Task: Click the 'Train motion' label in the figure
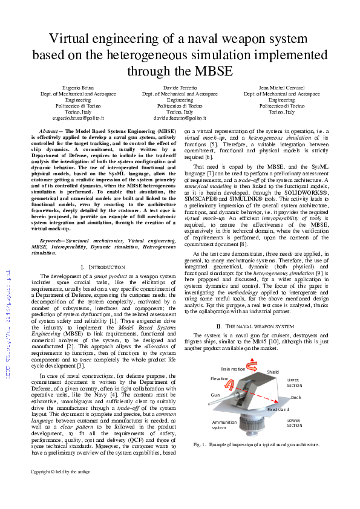click(233, 369)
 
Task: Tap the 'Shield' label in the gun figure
click(273, 372)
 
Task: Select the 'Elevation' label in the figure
click(220, 378)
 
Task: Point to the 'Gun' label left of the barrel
click(215, 394)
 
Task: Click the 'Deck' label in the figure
click(296, 397)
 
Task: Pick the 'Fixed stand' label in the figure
click(278, 409)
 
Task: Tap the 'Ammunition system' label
click(224, 425)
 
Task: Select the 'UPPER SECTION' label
click(295, 383)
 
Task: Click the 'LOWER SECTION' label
click(295, 423)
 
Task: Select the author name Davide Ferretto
click(180, 88)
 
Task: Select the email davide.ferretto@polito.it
click(180, 118)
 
